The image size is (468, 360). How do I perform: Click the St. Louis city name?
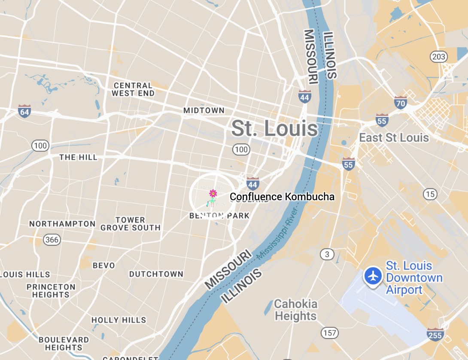tap(275, 128)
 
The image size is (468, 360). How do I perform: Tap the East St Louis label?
tap(394, 137)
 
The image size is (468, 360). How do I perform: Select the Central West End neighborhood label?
tap(133, 89)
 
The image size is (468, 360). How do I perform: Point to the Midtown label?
tap(204, 110)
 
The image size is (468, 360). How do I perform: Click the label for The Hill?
tap(79, 157)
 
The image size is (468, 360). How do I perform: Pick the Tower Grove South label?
tap(131, 224)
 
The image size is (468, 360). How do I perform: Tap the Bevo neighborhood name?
tap(104, 265)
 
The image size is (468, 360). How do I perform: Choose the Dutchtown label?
tap(156, 274)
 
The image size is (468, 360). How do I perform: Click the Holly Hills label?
tap(119, 320)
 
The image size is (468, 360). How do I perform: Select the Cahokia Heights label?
tap(296, 310)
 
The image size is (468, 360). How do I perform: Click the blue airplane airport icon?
tap(374, 276)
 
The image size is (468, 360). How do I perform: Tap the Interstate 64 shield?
tap(24, 111)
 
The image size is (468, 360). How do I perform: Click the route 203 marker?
tap(438, 56)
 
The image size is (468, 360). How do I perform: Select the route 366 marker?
tap(52, 239)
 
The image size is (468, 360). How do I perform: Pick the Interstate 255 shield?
tap(435, 334)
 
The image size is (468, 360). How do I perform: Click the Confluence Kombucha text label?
tap(282, 197)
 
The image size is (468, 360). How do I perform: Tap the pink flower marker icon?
tap(213, 194)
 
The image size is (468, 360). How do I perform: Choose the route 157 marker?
tap(330, 333)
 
